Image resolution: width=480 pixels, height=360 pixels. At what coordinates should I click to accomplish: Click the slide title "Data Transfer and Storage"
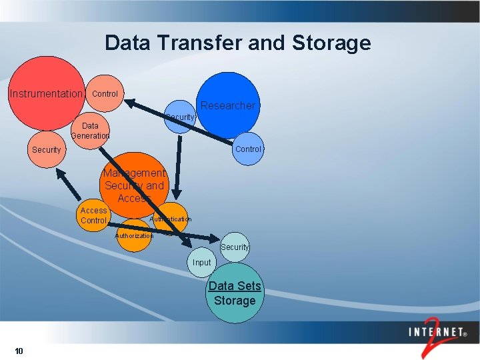point(237,43)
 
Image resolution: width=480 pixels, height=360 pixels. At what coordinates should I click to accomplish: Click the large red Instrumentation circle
point(45,93)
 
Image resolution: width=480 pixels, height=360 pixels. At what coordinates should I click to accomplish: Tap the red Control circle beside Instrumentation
point(105,93)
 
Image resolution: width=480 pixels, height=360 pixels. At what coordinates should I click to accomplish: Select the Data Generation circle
point(90,130)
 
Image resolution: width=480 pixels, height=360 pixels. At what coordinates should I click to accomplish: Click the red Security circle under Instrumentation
point(46,150)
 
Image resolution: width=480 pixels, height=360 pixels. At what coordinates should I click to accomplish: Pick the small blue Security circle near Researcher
point(179,117)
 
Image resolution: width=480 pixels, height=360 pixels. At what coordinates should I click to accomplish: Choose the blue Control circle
point(248,149)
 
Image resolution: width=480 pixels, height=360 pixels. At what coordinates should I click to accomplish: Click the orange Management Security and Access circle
point(133,185)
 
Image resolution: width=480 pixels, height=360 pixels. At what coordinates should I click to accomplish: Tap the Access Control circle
point(93,215)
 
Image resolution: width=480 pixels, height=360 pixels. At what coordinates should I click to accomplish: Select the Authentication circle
point(171,218)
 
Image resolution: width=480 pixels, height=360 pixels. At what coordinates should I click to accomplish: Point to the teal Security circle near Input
point(235,247)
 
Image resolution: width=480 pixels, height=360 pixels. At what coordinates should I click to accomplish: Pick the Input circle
point(201,262)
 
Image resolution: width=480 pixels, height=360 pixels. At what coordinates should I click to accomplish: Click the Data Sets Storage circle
point(235,293)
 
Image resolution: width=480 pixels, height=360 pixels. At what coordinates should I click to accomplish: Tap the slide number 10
point(18,351)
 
